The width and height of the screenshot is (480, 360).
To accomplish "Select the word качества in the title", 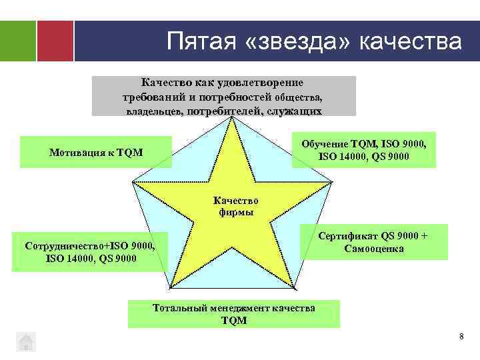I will click(x=409, y=41).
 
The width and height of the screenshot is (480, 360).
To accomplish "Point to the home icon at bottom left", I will click(x=25, y=341).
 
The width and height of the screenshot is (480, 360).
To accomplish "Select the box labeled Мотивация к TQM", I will click(x=96, y=153).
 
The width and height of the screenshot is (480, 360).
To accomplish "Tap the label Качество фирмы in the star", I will click(x=235, y=206).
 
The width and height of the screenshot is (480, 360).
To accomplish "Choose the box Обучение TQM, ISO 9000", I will click(x=364, y=150).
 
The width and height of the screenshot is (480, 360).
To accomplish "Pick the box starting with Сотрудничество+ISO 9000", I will click(x=90, y=251).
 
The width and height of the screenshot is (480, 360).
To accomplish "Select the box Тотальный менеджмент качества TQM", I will click(x=233, y=314).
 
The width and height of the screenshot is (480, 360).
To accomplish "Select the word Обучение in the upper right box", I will click(x=325, y=144).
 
